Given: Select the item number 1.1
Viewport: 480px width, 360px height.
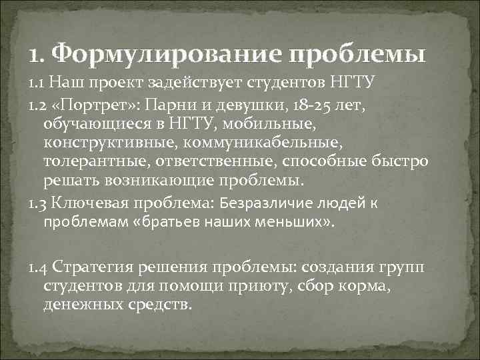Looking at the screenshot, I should [37, 84].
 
